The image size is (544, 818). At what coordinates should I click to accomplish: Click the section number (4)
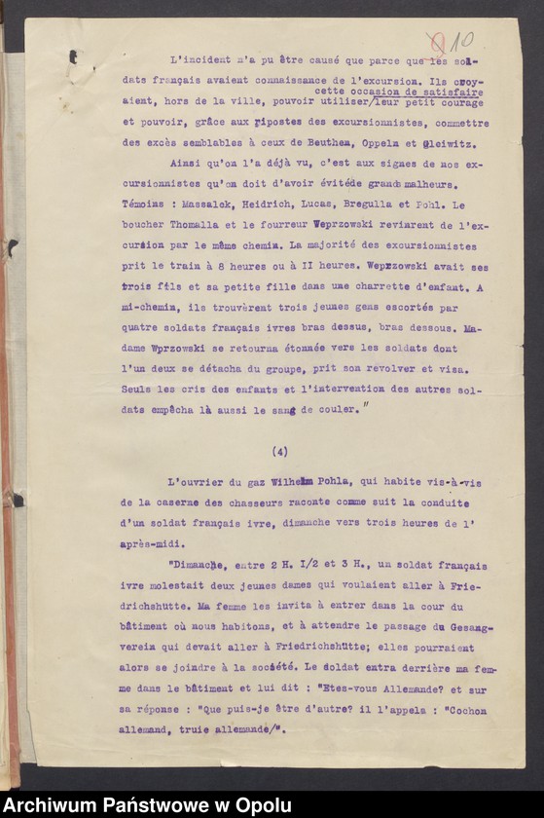point(280,451)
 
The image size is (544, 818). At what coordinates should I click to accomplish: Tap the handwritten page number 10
point(458,41)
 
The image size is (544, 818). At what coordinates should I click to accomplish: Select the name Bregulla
point(372,207)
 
